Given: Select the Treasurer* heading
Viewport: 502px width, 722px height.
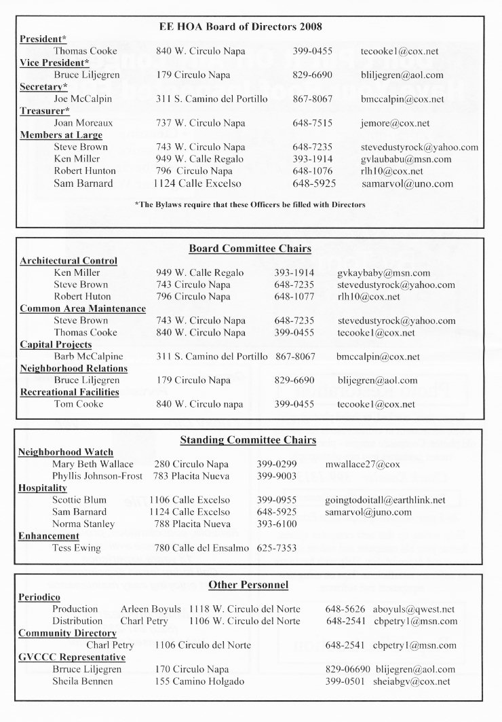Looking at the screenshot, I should (x=44, y=111).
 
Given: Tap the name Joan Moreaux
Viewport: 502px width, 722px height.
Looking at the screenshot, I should (x=83, y=123).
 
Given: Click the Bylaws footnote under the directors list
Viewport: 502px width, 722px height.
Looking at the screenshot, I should (x=250, y=204).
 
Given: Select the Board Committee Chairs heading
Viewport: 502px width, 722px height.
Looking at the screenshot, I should (x=250, y=249).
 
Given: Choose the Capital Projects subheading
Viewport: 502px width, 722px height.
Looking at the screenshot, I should (x=56, y=344).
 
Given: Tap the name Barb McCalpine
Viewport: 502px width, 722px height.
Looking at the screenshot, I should (x=89, y=356).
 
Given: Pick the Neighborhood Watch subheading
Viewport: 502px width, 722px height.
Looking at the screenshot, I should (x=66, y=452).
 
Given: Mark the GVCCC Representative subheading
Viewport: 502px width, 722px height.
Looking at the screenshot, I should (x=72, y=657).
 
